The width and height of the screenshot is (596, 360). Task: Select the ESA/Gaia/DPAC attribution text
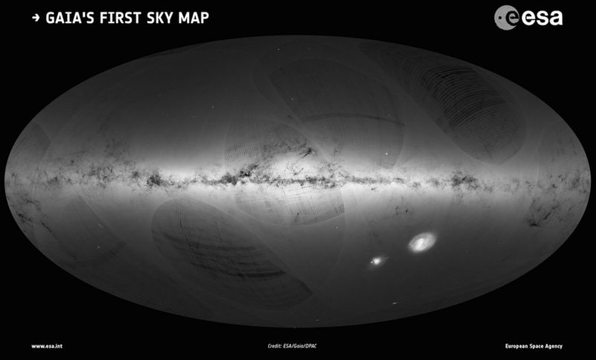pyautogui.click(x=305, y=347)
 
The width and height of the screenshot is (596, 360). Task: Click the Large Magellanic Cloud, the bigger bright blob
pyautogui.click(x=422, y=241)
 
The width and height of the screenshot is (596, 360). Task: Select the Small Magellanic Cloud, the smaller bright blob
pyautogui.click(x=378, y=261)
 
